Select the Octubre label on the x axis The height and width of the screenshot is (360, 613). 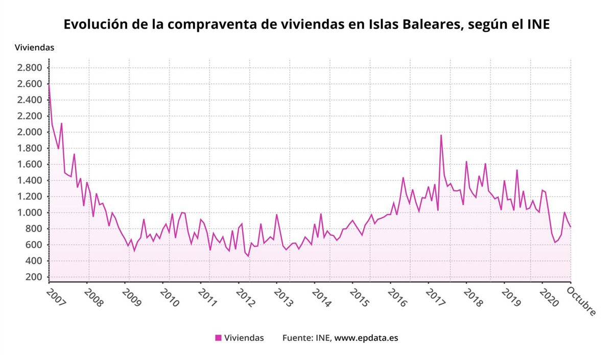581,301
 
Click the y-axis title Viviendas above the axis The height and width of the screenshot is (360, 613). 34,47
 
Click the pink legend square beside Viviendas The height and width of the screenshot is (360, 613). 218,338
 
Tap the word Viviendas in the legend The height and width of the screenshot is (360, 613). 244,338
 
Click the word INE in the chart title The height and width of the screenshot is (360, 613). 538,24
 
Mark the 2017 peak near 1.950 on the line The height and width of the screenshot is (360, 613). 441,135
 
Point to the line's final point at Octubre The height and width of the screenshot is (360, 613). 570,227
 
